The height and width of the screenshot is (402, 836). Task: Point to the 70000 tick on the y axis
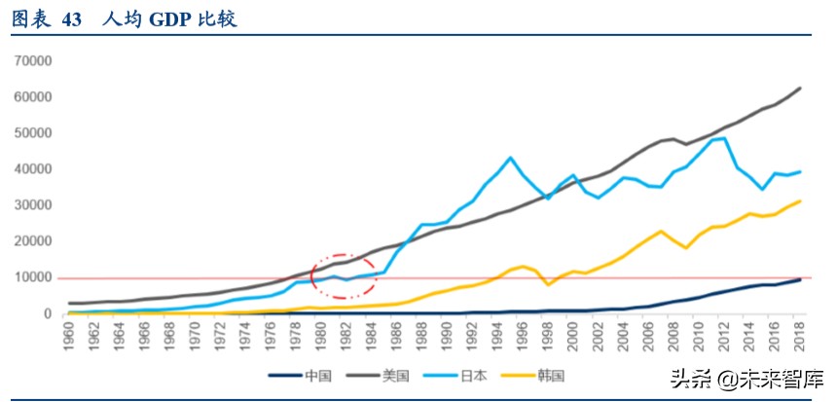coord(32,60)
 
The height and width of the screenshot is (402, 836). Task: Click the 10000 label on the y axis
coord(32,277)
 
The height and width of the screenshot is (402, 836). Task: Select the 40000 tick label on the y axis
coord(32,169)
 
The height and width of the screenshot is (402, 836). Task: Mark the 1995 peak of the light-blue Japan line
coord(511,157)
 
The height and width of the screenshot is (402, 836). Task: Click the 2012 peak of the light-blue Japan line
coord(725,137)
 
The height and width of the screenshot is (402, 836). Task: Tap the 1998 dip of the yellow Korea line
coord(549,284)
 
